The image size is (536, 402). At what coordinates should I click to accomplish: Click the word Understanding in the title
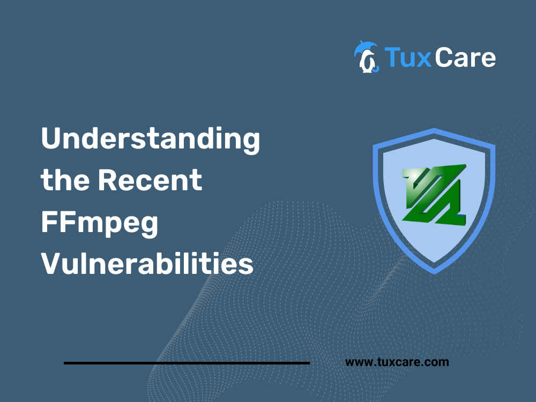[x=151, y=140]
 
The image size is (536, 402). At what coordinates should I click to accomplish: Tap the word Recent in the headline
[x=150, y=180]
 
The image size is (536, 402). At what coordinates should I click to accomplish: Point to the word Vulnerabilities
[x=147, y=263]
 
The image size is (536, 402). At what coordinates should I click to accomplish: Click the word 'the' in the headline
[x=65, y=180]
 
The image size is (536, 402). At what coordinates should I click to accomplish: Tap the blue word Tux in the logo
[x=408, y=57]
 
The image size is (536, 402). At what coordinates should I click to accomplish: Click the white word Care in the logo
[x=465, y=57]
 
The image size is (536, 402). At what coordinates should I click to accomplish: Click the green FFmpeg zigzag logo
[x=434, y=194]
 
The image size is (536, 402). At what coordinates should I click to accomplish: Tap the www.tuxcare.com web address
[x=397, y=362]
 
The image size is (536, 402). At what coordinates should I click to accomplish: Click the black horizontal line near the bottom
[x=187, y=363]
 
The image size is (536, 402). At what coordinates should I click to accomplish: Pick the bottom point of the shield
[x=434, y=273]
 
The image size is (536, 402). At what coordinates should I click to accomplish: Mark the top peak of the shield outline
[x=434, y=129]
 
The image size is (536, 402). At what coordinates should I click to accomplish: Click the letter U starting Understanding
[x=51, y=138]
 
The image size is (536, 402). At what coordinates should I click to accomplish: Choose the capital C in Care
[x=444, y=57]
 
